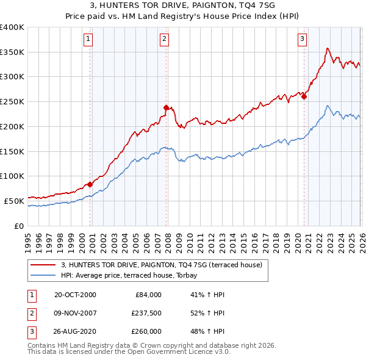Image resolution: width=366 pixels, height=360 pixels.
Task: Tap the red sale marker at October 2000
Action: pos(90,184)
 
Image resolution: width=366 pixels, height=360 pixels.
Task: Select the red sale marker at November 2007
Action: pos(166,107)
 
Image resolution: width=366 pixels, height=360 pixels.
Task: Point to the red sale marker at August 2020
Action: pos(304,96)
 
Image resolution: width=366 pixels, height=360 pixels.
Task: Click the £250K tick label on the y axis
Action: pos(12,101)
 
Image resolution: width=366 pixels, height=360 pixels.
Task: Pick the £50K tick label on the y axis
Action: pos(15,201)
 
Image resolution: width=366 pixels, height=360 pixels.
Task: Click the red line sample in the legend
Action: pos(43,265)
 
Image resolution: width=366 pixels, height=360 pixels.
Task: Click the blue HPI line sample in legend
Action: pos(43,275)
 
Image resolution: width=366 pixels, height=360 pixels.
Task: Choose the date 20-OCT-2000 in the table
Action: pos(75,295)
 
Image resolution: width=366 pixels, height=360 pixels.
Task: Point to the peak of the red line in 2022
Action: pos(328,48)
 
